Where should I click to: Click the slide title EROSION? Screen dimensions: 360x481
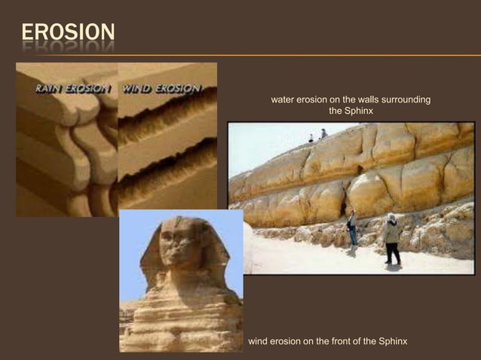click(68, 32)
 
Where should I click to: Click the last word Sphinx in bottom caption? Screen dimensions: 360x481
click(392, 341)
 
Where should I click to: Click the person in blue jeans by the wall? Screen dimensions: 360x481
click(352, 230)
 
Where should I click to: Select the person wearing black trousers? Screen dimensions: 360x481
click(391, 239)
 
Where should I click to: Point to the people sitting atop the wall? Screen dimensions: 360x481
click(317, 136)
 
